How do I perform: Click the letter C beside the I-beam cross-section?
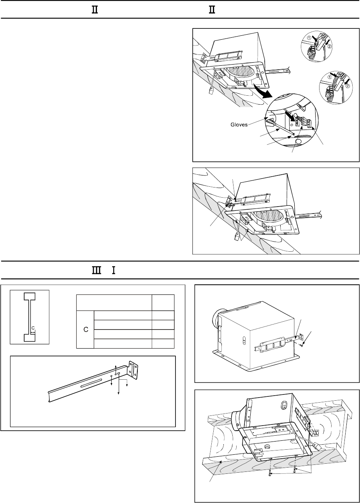coord(33,328)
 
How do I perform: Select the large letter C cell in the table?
coord(86,329)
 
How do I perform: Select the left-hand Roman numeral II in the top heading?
coord(94,9)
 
